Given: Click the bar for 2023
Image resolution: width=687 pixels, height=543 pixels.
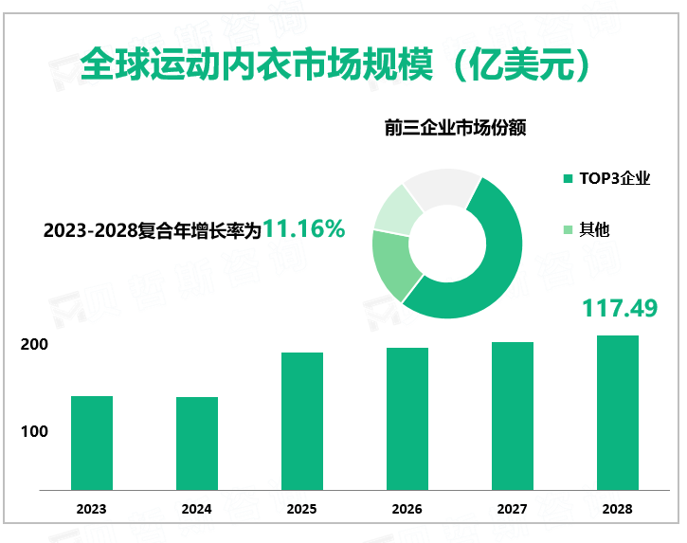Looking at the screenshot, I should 92,443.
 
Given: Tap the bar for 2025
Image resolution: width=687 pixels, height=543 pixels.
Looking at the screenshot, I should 301,421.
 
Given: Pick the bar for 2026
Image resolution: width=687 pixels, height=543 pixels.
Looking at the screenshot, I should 407,418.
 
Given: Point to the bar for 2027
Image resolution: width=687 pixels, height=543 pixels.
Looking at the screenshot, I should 512,415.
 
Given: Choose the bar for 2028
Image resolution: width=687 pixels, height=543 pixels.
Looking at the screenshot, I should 617,412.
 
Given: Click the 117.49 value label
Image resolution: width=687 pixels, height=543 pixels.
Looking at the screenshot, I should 618,308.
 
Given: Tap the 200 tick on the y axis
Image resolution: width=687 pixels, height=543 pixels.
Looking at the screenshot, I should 35,345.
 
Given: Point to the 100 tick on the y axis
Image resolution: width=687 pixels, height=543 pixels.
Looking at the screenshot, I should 35,431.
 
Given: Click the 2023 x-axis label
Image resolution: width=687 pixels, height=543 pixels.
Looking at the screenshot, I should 92,509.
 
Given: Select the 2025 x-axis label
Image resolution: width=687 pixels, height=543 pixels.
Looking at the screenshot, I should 301,509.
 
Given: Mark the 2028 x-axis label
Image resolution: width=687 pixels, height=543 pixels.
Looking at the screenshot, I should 617,509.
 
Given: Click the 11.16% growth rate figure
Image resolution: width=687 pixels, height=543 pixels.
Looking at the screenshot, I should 303,228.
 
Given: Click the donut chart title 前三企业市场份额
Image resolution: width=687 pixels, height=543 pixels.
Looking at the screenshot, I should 455,128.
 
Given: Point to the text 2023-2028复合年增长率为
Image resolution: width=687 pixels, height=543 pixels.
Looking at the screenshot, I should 152,230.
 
